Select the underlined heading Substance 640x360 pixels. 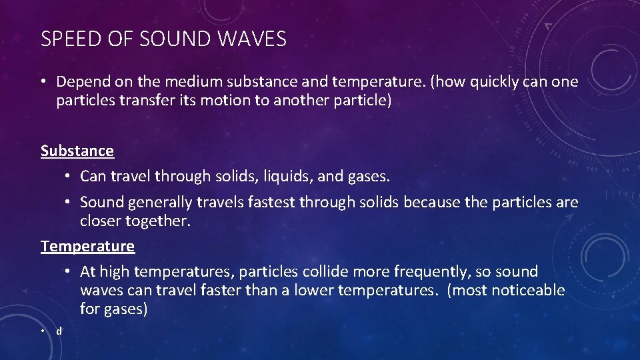pyautogui.click(x=77, y=151)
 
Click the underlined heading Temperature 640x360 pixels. pyautogui.click(x=87, y=246)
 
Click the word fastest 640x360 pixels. pyautogui.click(x=259, y=202)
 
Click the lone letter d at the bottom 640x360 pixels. pyautogui.click(x=59, y=331)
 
